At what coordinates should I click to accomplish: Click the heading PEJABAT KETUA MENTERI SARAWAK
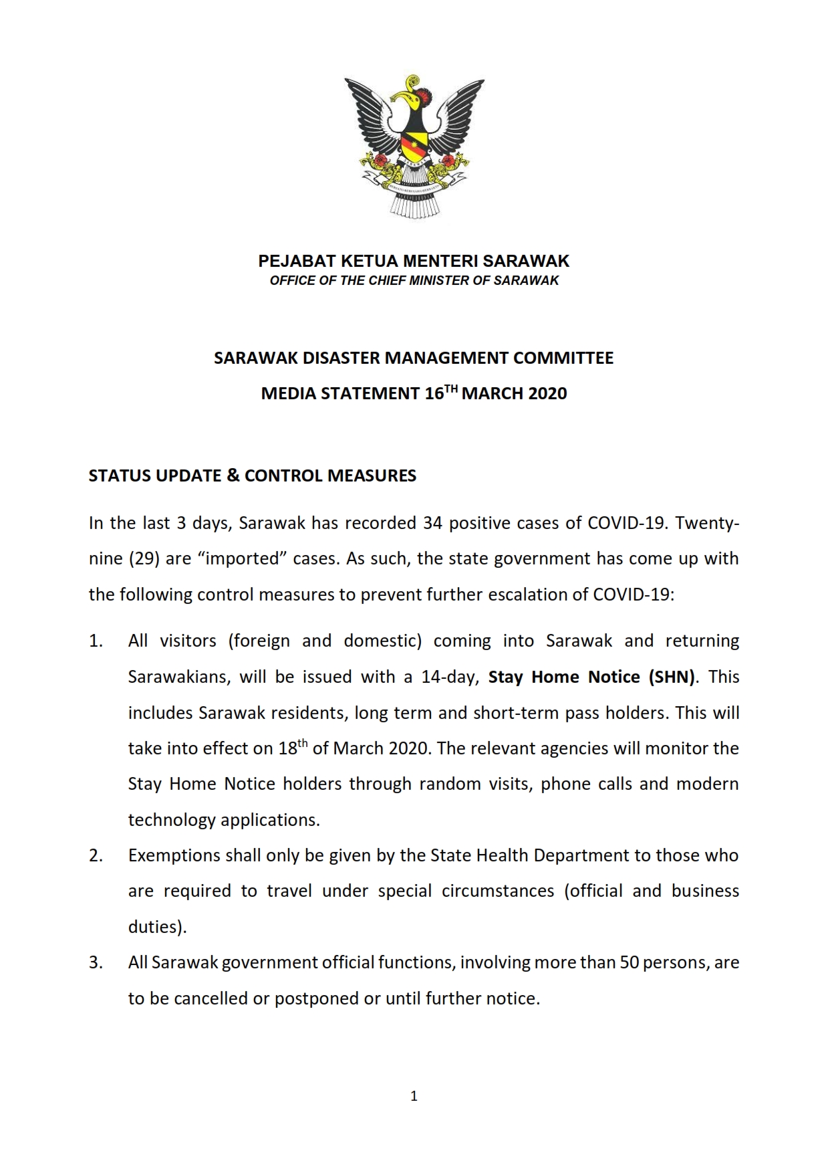click(414, 261)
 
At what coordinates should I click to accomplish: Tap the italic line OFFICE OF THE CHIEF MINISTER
click(414, 281)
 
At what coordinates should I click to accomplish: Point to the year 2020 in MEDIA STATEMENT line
click(547, 393)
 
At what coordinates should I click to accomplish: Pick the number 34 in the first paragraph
click(432, 523)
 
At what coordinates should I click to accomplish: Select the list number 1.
click(96, 641)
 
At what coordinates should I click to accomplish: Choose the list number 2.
click(96, 855)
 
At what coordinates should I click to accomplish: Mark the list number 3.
click(96, 962)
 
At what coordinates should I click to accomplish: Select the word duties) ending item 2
click(157, 927)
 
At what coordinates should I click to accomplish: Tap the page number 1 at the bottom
click(414, 1095)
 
